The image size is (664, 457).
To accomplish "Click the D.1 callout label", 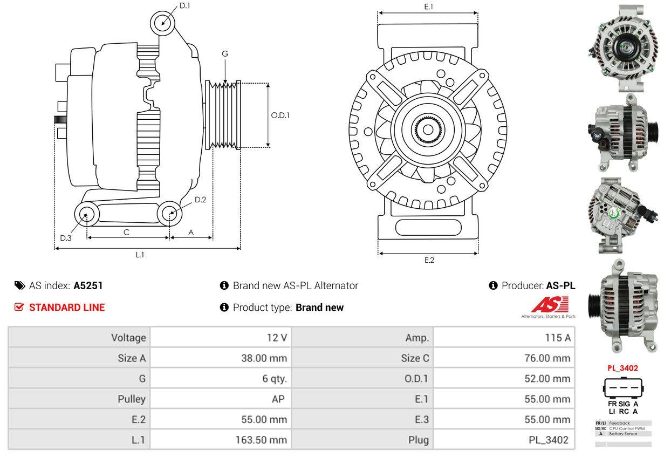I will (184, 5).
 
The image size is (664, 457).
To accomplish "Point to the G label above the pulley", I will (225, 53).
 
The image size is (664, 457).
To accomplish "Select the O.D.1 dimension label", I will (280, 115).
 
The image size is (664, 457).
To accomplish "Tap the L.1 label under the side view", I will (140, 255).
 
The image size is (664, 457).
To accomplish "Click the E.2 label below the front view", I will (429, 260).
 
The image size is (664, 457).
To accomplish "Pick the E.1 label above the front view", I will (429, 6).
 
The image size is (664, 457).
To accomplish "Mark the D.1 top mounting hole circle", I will (162, 23).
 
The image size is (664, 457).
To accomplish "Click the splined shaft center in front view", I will (428, 129).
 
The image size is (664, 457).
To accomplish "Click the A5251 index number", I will (88, 285).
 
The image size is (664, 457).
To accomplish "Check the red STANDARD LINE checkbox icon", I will (19, 307).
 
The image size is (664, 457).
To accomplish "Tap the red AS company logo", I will (550, 305).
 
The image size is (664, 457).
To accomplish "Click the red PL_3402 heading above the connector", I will (622, 368).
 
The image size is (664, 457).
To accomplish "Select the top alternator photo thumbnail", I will (622, 47).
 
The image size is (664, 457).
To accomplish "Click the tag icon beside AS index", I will (19, 285).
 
